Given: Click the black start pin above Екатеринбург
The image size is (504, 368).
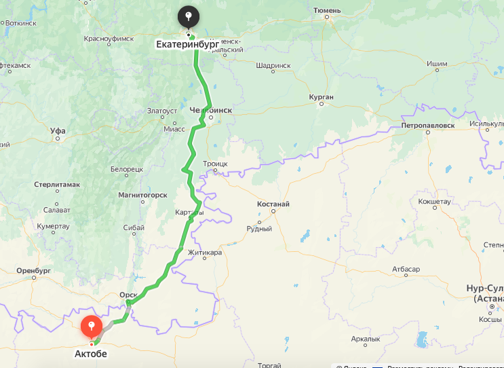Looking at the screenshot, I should coord(189,16).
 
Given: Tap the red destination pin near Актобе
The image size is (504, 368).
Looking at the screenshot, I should coord(91,326).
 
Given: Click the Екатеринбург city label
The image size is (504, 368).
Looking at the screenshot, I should coord(187,45).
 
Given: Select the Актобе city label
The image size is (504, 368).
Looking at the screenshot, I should coord(91,353).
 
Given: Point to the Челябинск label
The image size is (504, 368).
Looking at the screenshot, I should coord(211,109).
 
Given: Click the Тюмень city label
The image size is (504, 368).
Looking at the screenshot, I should coord(328,10).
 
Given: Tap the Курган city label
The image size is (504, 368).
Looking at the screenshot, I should coord(321,97).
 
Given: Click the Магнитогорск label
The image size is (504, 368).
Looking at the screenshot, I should coord(142,195).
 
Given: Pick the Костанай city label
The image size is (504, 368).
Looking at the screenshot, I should coord(273,204).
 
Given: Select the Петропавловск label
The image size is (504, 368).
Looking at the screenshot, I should coord(427,126).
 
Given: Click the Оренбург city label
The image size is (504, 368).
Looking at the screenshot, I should coord(34,271).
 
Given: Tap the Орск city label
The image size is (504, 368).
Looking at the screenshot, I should coord(128,295).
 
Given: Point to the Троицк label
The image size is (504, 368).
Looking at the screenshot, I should coord(215,164).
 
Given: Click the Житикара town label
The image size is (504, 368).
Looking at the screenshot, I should coord(205,253).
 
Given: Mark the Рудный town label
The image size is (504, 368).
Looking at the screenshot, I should coord(258,229).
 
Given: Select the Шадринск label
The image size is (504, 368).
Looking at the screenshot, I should coord(273,66).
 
